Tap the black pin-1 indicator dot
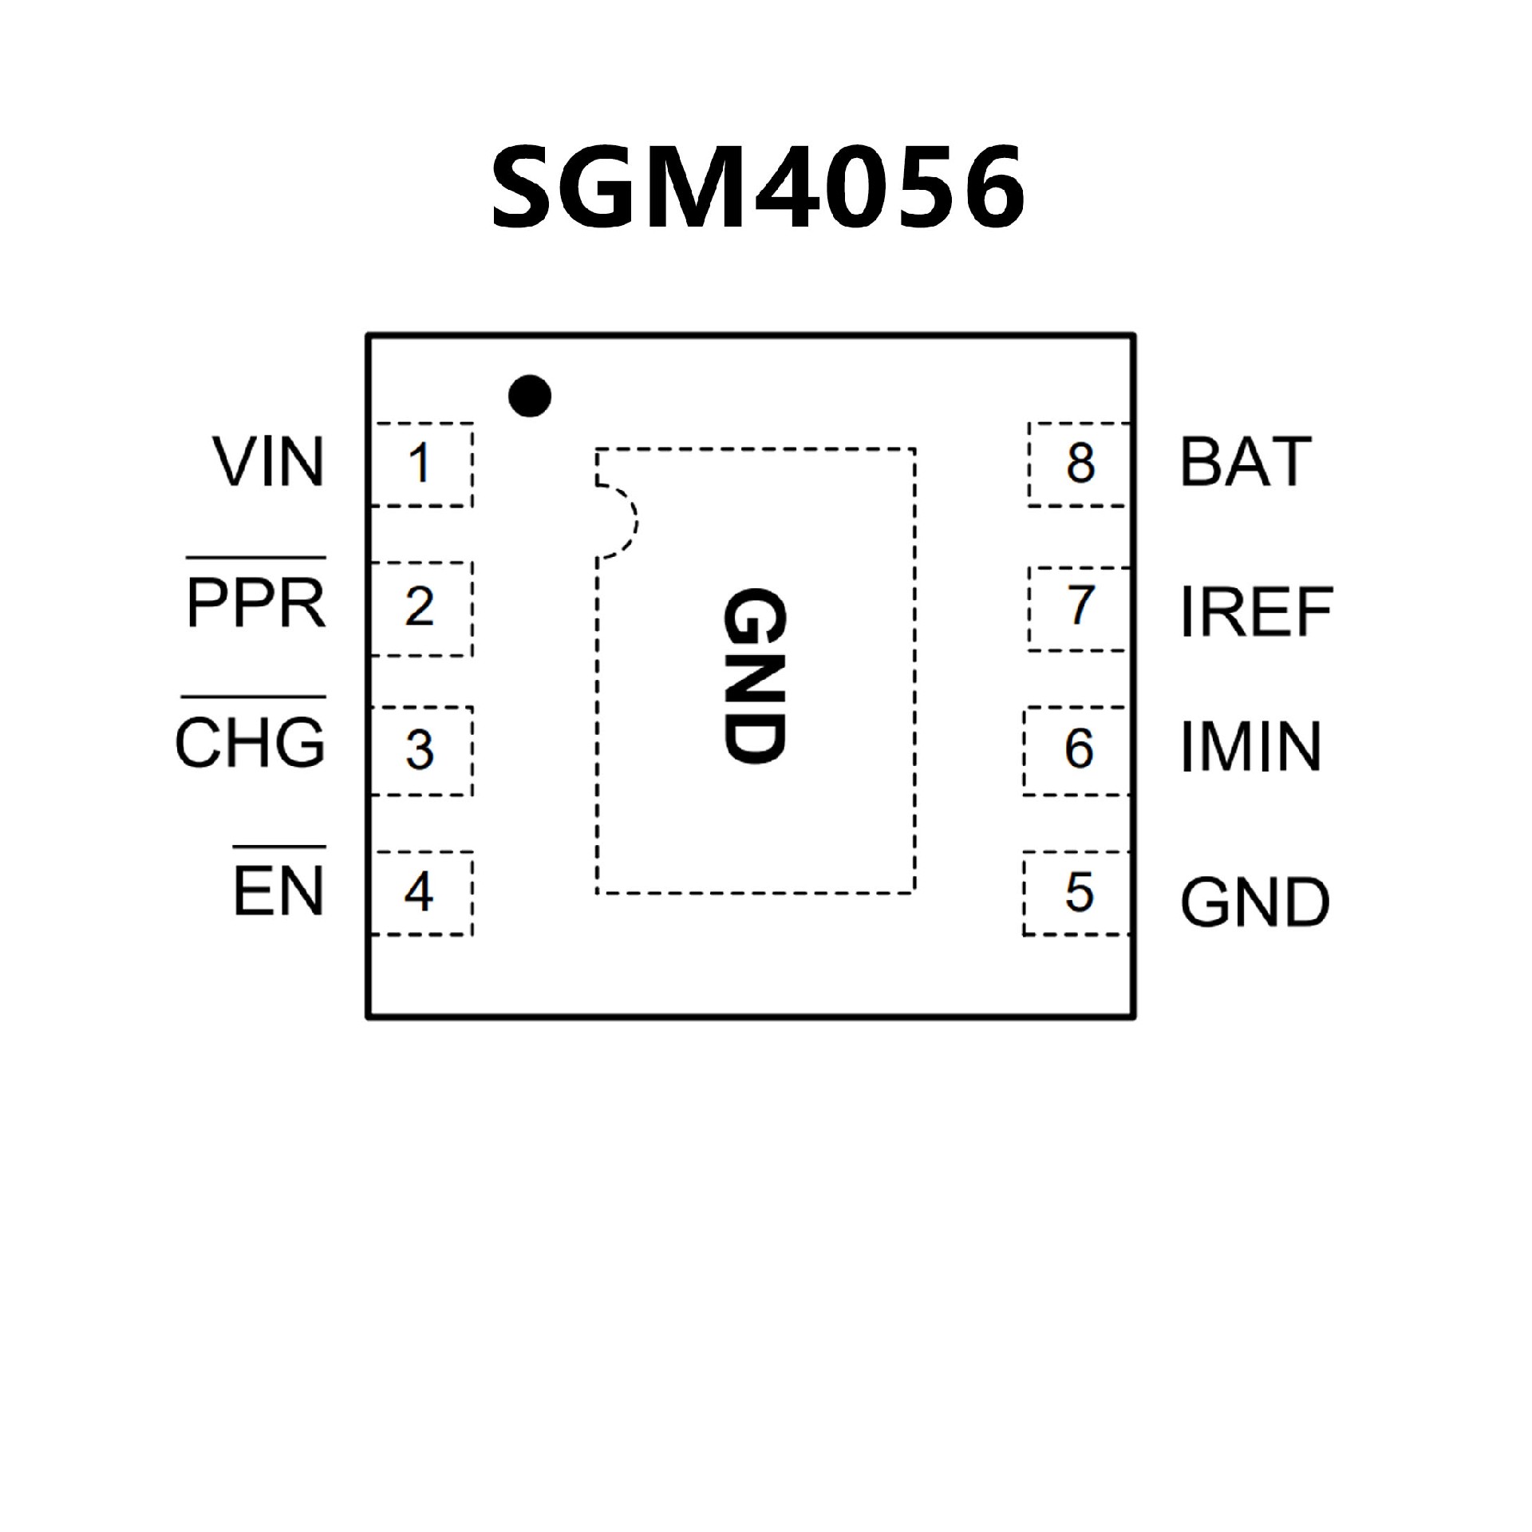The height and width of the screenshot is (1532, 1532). pyautogui.click(x=530, y=395)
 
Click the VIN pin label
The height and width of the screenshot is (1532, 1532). pyautogui.click(x=269, y=462)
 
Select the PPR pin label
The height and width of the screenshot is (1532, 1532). pyautogui.click(x=256, y=604)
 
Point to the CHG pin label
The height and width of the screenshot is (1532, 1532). pyautogui.click(x=251, y=743)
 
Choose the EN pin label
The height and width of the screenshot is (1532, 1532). pyautogui.click(x=279, y=890)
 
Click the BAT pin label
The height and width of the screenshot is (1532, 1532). pyautogui.click(x=1246, y=462)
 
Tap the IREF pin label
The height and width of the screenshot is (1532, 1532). pyautogui.click(x=1256, y=612)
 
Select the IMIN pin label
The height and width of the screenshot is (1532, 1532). pyautogui.click(x=1250, y=748)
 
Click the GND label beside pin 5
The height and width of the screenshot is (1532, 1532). pyautogui.click(x=1255, y=902)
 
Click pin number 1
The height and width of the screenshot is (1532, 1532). pyautogui.click(x=419, y=464)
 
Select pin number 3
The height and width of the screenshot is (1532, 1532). pyautogui.click(x=420, y=749)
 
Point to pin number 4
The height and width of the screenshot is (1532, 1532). pyautogui.click(x=419, y=891)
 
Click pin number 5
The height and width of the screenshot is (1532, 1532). pyautogui.click(x=1079, y=892)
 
